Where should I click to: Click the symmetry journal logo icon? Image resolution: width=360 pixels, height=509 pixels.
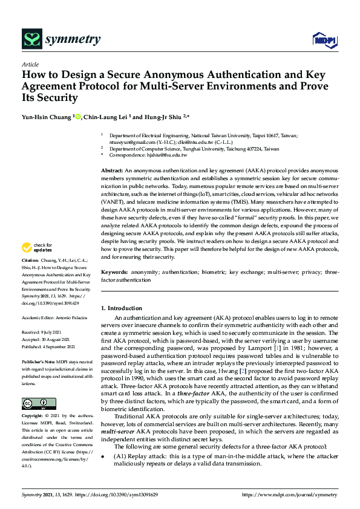click(31, 40)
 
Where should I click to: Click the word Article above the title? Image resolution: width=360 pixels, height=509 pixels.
click(30, 64)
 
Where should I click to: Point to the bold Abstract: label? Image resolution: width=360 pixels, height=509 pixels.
click(112, 172)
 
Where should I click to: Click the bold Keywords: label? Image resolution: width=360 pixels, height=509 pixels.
click(114, 273)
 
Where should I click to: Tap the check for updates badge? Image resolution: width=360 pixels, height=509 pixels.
click(37, 247)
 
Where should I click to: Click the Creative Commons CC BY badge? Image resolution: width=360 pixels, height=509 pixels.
click(39, 403)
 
